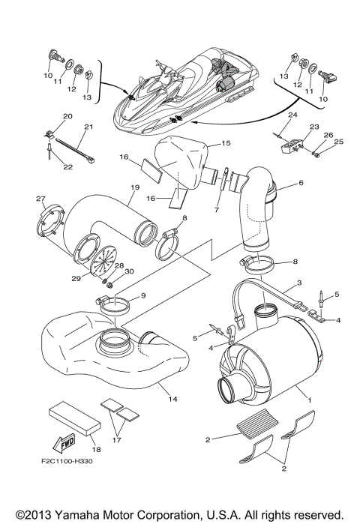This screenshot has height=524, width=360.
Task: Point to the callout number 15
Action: [226, 143]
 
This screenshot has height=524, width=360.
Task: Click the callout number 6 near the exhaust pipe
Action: [301, 182]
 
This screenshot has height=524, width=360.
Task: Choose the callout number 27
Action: [40, 198]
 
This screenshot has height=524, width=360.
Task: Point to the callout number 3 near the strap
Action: [299, 283]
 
